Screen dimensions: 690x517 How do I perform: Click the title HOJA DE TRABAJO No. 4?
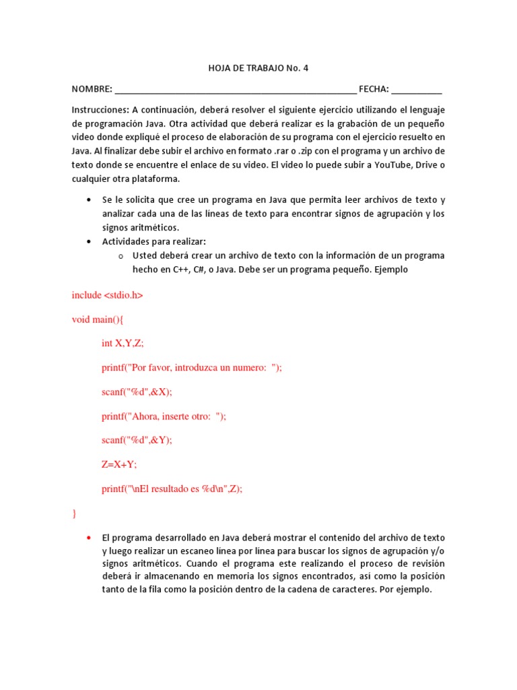click(x=258, y=68)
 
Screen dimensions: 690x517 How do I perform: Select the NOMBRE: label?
click(x=92, y=90)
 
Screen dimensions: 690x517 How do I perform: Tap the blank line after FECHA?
click(x=417, y=90)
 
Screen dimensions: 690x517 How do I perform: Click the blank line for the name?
click(x=236, y=90)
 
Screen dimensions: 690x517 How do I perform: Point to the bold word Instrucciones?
click(x=100, y=110)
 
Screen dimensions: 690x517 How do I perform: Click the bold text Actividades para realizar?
click(x=154, y=241)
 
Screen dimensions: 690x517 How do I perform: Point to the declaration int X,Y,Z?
click(x=123, y=343)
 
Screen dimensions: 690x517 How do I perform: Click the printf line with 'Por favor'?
click(x=192, y=367)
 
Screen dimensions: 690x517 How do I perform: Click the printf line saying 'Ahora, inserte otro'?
click(x=164, y=416)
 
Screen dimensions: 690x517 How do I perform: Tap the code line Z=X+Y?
click(x=119, y=464)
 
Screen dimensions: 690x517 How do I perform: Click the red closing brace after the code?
click(x=74, y=513)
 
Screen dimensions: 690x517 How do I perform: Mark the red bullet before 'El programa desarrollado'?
click(x=89, y=538)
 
